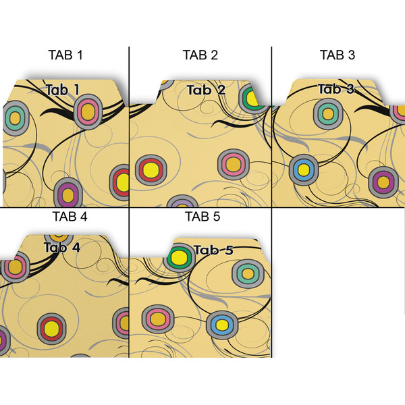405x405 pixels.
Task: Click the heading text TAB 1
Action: [65, 55]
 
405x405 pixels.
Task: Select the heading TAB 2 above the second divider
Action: [200, 55]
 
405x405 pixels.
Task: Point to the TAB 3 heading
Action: [337, 55]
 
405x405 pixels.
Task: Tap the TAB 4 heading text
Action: [69, 217]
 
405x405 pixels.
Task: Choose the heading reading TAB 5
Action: [202, 217]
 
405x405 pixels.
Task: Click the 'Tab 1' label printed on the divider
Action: [63, 89]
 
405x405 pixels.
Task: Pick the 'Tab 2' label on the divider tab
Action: [205, 90]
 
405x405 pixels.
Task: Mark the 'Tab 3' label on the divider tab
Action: [336, 89]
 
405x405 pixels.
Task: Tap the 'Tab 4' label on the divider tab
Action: [62, 247]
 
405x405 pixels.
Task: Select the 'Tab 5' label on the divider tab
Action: [213, 250]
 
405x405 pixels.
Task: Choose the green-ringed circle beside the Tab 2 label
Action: [252, 99]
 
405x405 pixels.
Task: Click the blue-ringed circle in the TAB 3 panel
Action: [303, 169]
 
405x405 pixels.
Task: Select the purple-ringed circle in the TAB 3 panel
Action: [382, 181]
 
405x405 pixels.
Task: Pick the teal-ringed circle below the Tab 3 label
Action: [328, 112]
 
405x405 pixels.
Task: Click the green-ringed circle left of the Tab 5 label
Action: [178, 257]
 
